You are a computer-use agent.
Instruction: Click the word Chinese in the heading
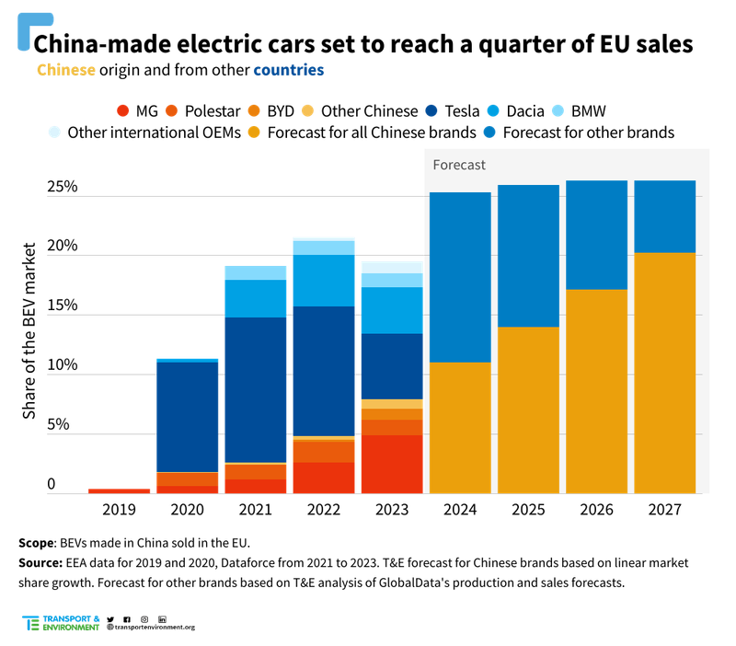click(x=65, y=70)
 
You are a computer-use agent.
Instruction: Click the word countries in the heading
click(x=288, y=70)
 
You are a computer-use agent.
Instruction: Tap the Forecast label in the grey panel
click(x=459, y=166)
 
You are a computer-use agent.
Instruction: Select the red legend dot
click(x=122, y=110)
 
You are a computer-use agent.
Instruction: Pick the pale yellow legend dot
click(x=307, y=110)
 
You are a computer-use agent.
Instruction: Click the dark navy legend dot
click(x=431, y=110)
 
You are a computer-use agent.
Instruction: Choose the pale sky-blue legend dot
click(x=558, y=110)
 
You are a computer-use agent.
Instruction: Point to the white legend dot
click(x=54, y=132)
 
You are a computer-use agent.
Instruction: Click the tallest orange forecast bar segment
click(x=665, y=373)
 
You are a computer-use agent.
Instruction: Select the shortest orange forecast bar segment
click(x=460, y=428)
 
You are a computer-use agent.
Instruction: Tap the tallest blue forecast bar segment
click(x=460, y=277)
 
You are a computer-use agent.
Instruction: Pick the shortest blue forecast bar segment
click(x=665, y=216)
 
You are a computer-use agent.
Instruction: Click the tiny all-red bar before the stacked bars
click(x=119, y=491)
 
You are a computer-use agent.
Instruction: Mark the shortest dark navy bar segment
click(x=391, y=366)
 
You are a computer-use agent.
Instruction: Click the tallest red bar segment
click(x=391, y=465)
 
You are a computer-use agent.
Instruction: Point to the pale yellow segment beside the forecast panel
click(x=391, y=404)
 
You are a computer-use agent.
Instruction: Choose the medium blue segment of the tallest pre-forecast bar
click(x=323, y=280)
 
